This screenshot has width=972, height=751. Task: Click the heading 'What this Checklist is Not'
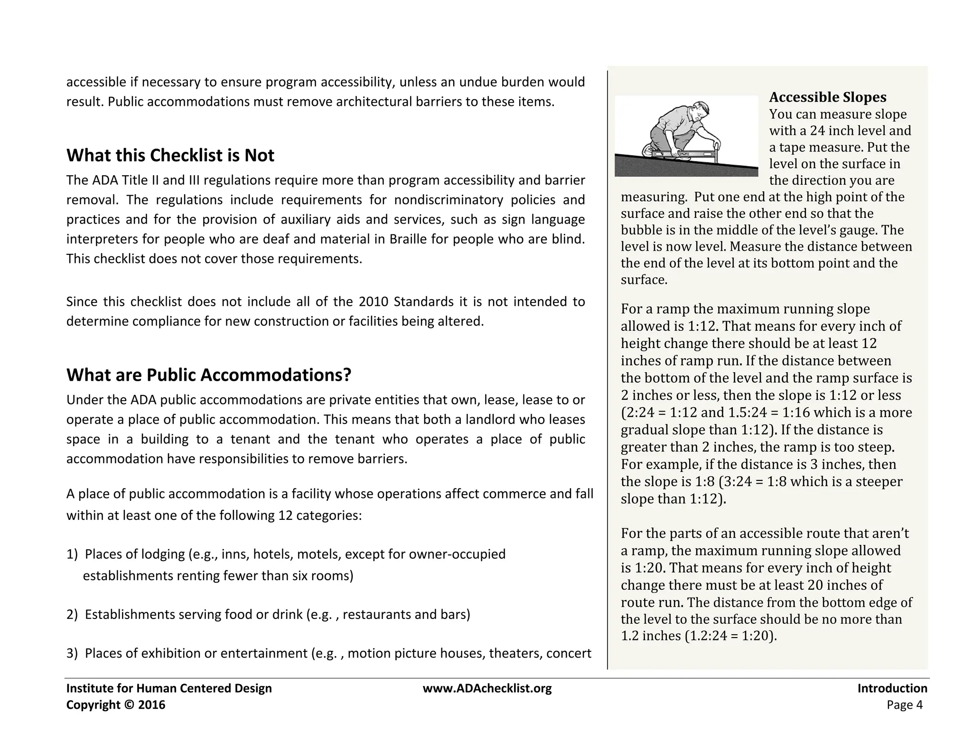(x=170, y=156)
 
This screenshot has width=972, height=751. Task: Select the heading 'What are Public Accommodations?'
(x=208, y=375)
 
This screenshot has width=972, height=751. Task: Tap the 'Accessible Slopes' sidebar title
(x=827, y=97)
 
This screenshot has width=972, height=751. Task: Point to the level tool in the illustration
(x=683, y=154)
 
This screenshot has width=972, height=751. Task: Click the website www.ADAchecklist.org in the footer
(x=487, y=688)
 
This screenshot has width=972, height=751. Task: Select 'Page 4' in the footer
(x=904, y=705)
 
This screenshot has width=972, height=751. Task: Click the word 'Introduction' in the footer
(x=892, y=688)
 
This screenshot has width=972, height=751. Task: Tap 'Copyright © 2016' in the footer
(x=116, y=705)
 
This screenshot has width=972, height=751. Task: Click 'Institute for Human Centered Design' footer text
(x=169, y=688)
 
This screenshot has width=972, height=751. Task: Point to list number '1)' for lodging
(x=72, y=554)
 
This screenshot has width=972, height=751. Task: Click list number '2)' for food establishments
(x=72, y=615)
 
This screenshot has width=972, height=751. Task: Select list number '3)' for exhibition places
(x=72, y=654)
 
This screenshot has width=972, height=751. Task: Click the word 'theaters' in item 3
(x=515, y=654)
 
